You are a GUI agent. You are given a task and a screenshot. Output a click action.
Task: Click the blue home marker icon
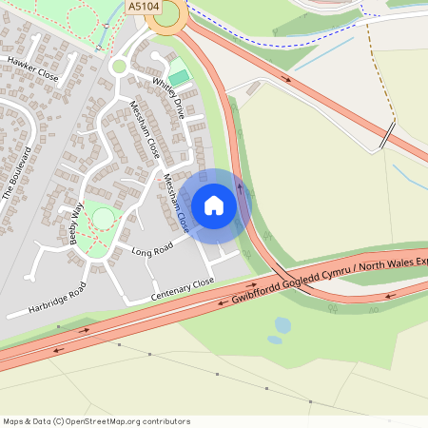(x=214, y=205)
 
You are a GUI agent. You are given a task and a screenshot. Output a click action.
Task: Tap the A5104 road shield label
(x=144, y=6)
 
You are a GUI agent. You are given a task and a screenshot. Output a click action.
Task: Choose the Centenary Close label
(x=184, y=291)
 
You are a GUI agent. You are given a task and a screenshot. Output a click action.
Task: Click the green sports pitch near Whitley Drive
(x=178, y=74)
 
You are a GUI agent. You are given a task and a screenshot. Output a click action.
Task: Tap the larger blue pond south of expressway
(x=283, y=325)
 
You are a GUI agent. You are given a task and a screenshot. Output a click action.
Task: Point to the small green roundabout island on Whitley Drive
(x=119, y=66)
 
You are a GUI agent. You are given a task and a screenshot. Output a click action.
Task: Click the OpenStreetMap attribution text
(x=97, y=420)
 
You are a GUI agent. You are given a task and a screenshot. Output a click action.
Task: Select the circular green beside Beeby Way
(x=102, y=220)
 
